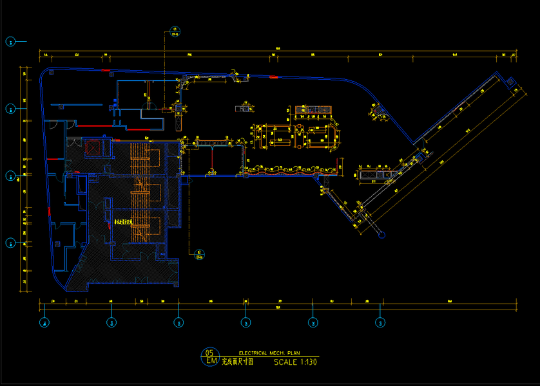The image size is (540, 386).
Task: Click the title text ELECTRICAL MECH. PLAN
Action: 269,353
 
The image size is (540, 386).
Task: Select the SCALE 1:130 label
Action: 295,362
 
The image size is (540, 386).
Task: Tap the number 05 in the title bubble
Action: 209,352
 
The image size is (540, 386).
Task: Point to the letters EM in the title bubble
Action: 210,360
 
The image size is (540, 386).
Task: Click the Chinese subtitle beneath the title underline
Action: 237,362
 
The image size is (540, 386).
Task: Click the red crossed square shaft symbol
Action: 92,147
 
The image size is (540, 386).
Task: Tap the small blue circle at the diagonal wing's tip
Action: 380,234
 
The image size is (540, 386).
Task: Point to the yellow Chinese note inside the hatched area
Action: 122,222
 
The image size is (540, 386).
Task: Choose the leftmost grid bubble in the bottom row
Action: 44,322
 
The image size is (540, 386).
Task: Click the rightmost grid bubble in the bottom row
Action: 380,322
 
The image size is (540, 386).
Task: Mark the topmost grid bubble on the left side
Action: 11,42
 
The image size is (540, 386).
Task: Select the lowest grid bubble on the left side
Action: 11,243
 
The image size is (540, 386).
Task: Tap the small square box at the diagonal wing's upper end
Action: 509,82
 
